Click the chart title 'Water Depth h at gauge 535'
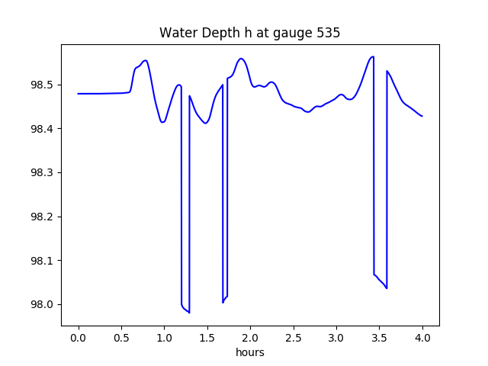pos(249,34)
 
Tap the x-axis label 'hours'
pos(249,353)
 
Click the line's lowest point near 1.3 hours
pos(189,313)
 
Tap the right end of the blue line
pos(422,116)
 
